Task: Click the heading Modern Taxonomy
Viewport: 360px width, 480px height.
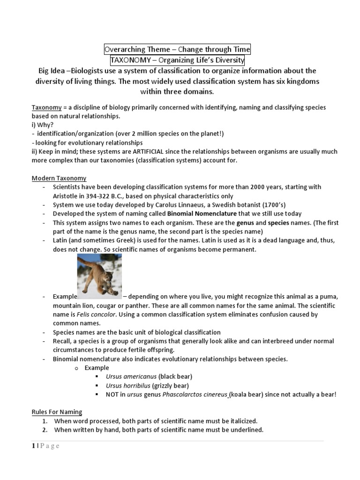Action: pyautogui.click(x=59, y=178)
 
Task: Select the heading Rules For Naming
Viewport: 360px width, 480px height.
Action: pyautogui.click(x=57, y=412)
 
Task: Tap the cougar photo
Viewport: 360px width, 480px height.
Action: pyautogui.click(x=99, y=277)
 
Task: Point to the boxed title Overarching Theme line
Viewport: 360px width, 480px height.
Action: pyautogui.click(x=177, y=49)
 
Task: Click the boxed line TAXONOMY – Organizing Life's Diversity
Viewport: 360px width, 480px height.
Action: pyautogui.click(x=177, y=60)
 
